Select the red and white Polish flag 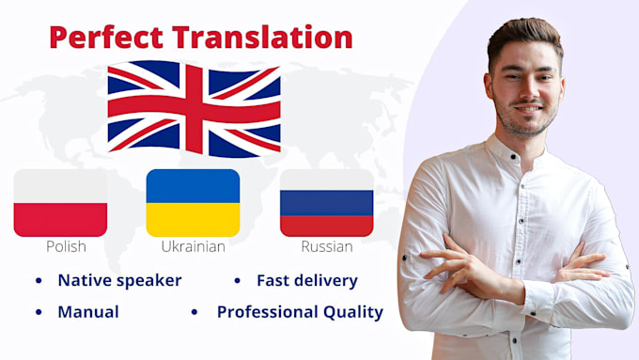click(x=60, y=202)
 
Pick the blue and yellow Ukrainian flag click(x=193, y=202)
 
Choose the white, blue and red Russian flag click(x=326, y=202)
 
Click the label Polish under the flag click(x=66, y=247)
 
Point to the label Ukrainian click(x=193, y=247)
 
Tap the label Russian click(x=327, y=247)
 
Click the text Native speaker click(x=119, y=280)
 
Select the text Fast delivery click(x=306, y=280)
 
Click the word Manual click(x=88, y=312)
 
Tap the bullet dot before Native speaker click(x=39, y=281)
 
